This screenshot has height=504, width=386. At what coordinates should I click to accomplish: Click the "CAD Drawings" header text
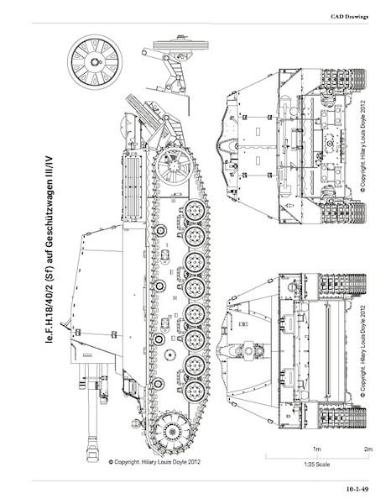(349, 17)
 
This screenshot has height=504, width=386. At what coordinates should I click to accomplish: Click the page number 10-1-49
(357, 489)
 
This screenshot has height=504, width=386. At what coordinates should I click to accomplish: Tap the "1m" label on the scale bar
(316, 449)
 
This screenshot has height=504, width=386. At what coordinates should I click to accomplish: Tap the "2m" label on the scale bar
(368, 449)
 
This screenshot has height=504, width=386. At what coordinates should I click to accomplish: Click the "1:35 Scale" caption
(316, 465)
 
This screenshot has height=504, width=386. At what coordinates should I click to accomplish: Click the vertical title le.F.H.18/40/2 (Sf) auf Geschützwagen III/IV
(50, 250)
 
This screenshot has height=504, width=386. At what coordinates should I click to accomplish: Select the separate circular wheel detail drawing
(95, 61)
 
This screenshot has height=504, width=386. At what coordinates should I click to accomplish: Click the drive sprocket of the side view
(171, 430)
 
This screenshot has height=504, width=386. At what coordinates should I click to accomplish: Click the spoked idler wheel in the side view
(174, 166)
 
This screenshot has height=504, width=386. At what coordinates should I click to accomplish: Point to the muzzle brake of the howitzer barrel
(92, 449)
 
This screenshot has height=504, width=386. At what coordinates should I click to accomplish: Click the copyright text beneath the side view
(154, 462)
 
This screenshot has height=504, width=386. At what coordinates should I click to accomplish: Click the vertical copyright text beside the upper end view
(363, 147)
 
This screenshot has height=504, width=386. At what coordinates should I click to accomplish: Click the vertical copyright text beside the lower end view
(363, 350)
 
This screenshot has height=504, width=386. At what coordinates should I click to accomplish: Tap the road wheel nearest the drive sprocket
(195, 391)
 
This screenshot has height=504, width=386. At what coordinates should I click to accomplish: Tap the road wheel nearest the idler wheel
(195, 211)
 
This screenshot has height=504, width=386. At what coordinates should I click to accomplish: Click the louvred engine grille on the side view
(133, 186)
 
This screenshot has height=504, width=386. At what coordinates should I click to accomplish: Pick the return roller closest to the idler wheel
(160, 230)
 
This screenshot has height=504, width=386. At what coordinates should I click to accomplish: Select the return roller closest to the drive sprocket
(158, 384)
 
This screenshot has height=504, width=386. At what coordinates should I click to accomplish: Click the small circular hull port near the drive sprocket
(170, 354)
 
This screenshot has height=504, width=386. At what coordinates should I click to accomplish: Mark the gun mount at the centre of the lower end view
(248, 351)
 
